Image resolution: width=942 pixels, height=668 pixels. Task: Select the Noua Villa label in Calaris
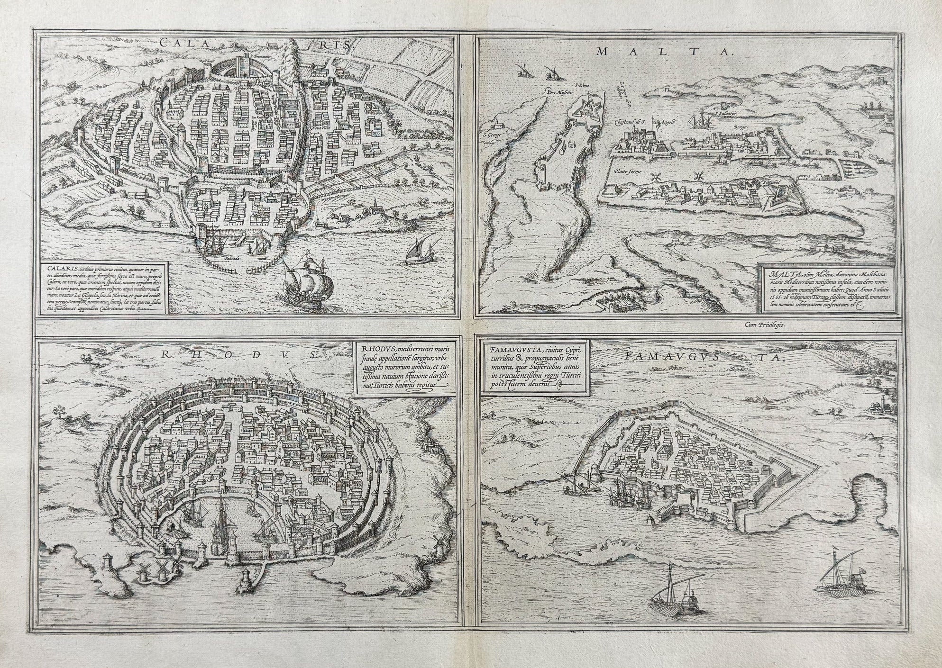[x=320, y=127]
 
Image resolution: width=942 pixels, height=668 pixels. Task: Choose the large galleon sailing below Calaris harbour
[x=308, y=284]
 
